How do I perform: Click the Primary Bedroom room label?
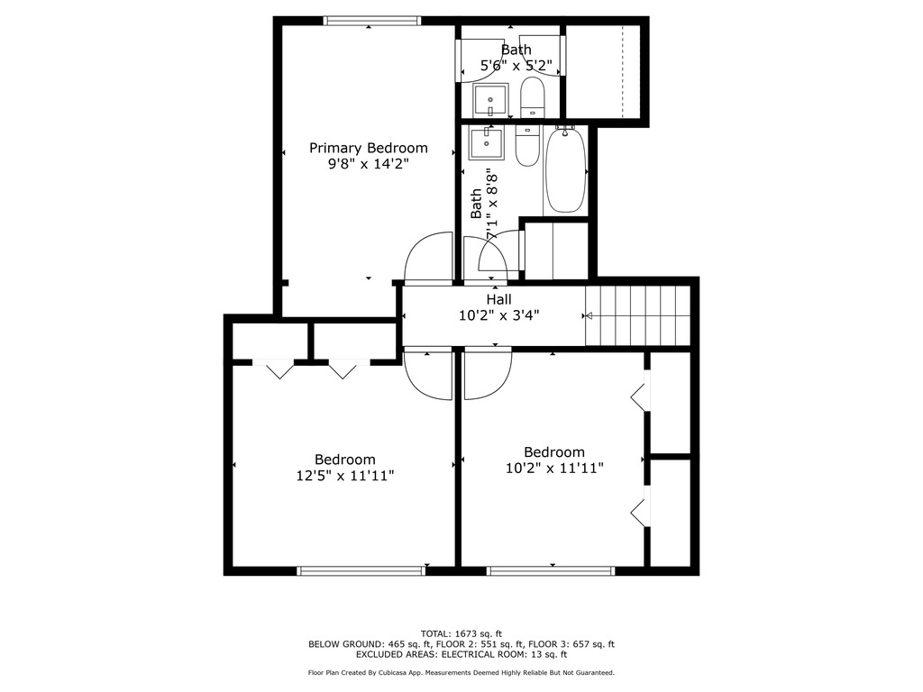click(x=369, y=148)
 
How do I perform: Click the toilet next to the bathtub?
click(x=526, y=147)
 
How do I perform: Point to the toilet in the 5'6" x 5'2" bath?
click(x=533, y=97)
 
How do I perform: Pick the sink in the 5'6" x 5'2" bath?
click(x=490, y=100)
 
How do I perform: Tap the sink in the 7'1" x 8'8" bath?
click(x=490, y=141)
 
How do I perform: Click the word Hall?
click(x=498, y=299)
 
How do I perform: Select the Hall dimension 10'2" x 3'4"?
click(x=498, y=315)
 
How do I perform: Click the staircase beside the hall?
click(x=637, y=315)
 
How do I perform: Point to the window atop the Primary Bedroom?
click(x=371, y=21)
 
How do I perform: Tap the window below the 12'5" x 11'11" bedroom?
click(x=361, y=569)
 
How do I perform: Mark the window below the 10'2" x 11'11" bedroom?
click(x=550, y=569)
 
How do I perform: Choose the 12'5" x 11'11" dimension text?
click(x=344, y=476)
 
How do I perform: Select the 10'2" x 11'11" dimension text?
click(x=554, y=468)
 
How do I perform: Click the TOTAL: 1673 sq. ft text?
click(x=461, y=633)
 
